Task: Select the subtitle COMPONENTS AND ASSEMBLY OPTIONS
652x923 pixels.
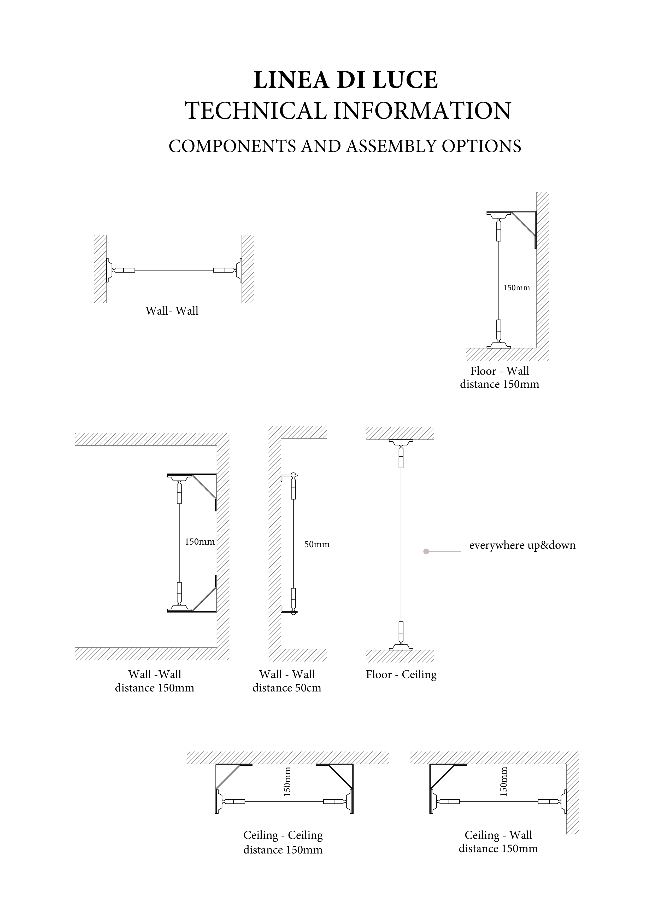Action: pos(345,146)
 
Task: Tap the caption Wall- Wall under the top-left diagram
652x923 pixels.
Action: pos(172,311)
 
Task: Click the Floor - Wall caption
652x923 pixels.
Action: pos(500,371)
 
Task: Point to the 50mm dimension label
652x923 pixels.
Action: pos(317,545)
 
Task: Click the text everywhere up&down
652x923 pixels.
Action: pos(522,546)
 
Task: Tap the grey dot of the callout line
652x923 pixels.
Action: pos(426,552)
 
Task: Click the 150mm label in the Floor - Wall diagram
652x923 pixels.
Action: pos(517,288)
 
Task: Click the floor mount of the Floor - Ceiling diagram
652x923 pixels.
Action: pos(401,647)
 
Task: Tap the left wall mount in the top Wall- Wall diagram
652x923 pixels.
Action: pos(109,270)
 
